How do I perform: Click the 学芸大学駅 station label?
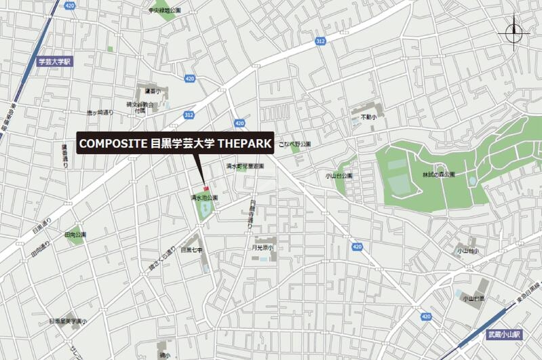pyautogui.click(x=54, y=61)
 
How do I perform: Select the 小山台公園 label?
pyautogui.click(x=339, y=175)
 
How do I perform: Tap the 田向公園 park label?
pyautogui.click(x=75, y=235)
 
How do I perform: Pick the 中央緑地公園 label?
pyautogui.click(x=165, y=11)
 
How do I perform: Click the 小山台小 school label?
pyautogui.click(x=467, y=251)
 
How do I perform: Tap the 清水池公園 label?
pyautogui.click(x=203, y=197)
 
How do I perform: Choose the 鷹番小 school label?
pyautogui.click(x=152, y=91)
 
